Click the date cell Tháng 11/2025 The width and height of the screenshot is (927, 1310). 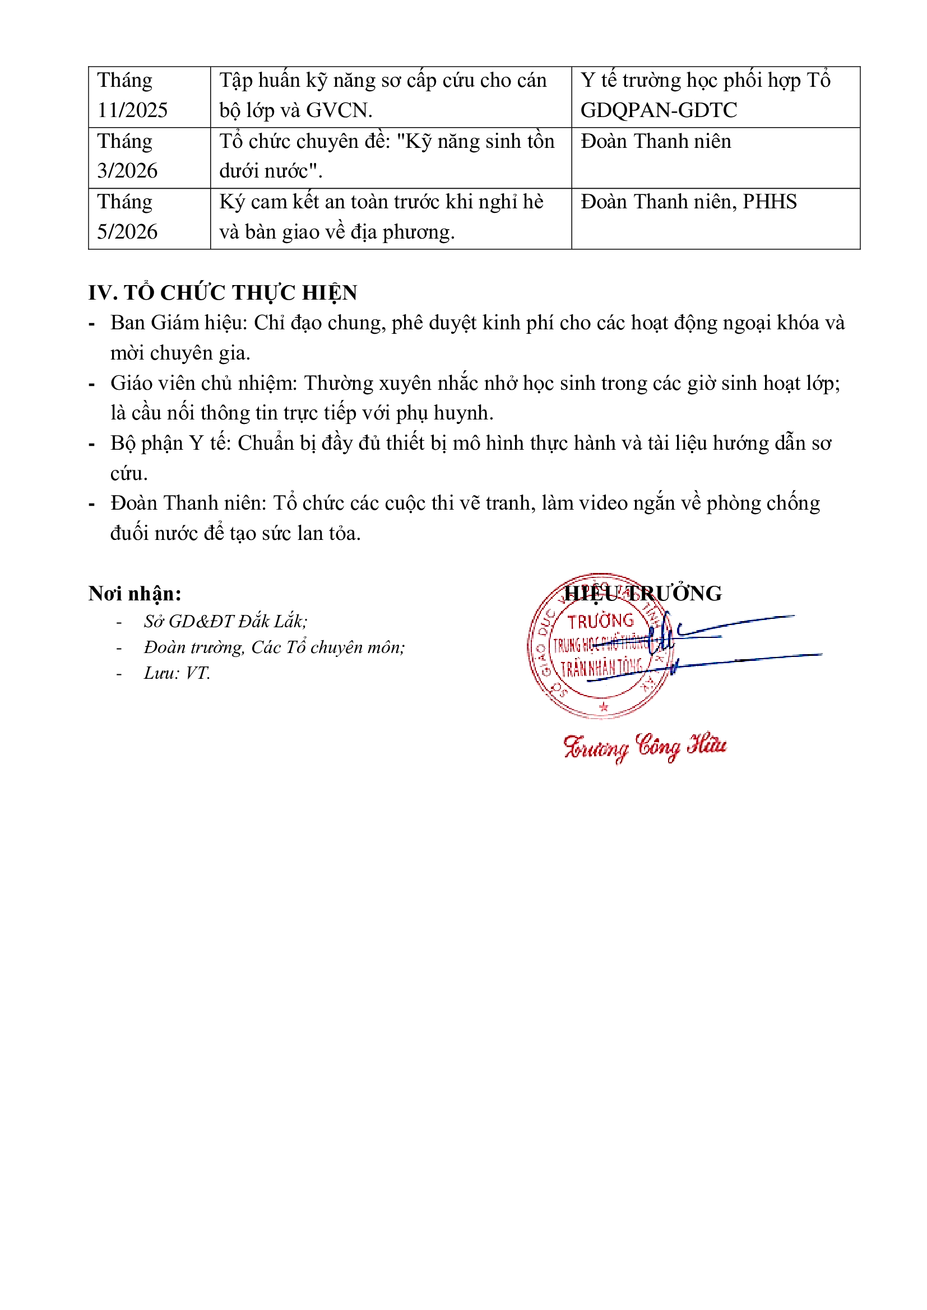132,95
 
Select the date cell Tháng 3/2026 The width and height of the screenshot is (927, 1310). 127,156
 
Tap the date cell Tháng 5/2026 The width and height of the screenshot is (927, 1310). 127,217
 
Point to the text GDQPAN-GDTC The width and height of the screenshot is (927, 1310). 658,111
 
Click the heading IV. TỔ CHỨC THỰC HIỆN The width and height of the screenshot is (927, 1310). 223,293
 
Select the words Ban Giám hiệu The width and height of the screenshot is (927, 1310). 178,323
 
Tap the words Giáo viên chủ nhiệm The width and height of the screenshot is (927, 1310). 203,384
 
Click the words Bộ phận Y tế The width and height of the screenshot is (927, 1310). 170,444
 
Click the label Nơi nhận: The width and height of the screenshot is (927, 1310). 135,594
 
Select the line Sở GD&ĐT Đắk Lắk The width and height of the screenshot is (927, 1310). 225,621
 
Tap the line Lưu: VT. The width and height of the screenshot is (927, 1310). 177,673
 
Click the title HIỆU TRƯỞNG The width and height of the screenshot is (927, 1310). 643,593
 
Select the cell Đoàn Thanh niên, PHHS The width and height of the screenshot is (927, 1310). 688,202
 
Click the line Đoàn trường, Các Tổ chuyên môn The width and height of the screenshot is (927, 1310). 274,647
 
